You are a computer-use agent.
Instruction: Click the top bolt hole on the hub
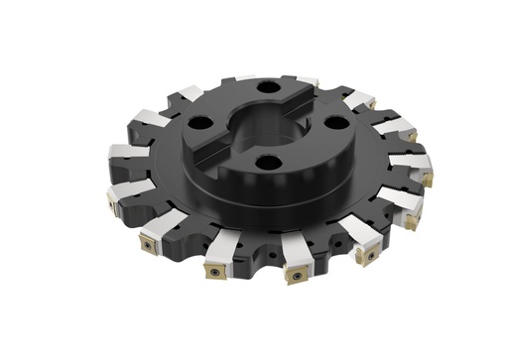pos(267,87)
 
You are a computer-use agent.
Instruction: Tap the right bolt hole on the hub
pos(335,123)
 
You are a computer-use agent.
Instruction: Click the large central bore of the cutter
pos(268,124)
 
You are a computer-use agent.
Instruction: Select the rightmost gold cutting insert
pos(428,179)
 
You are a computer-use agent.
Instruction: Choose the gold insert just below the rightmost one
pos(410,221)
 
